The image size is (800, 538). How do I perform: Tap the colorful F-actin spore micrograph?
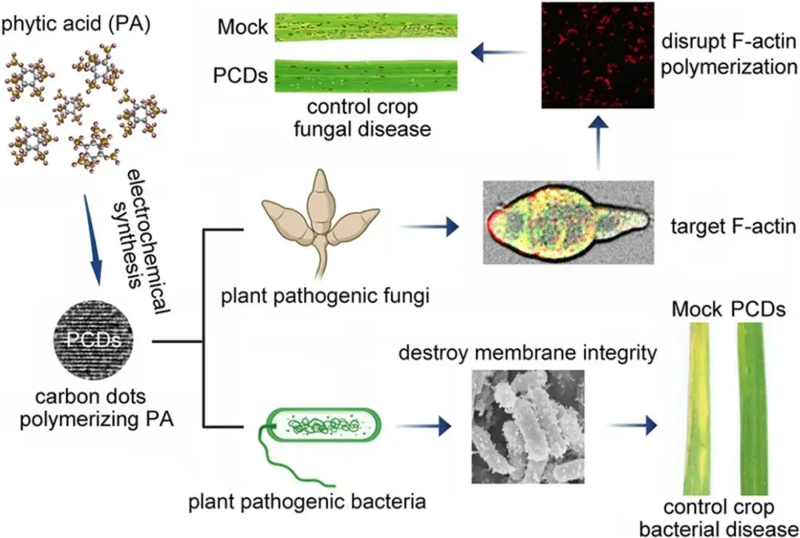point(570,222)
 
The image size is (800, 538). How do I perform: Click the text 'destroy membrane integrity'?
point(527,351)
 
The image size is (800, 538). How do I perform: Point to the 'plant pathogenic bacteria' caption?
point(307,502)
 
